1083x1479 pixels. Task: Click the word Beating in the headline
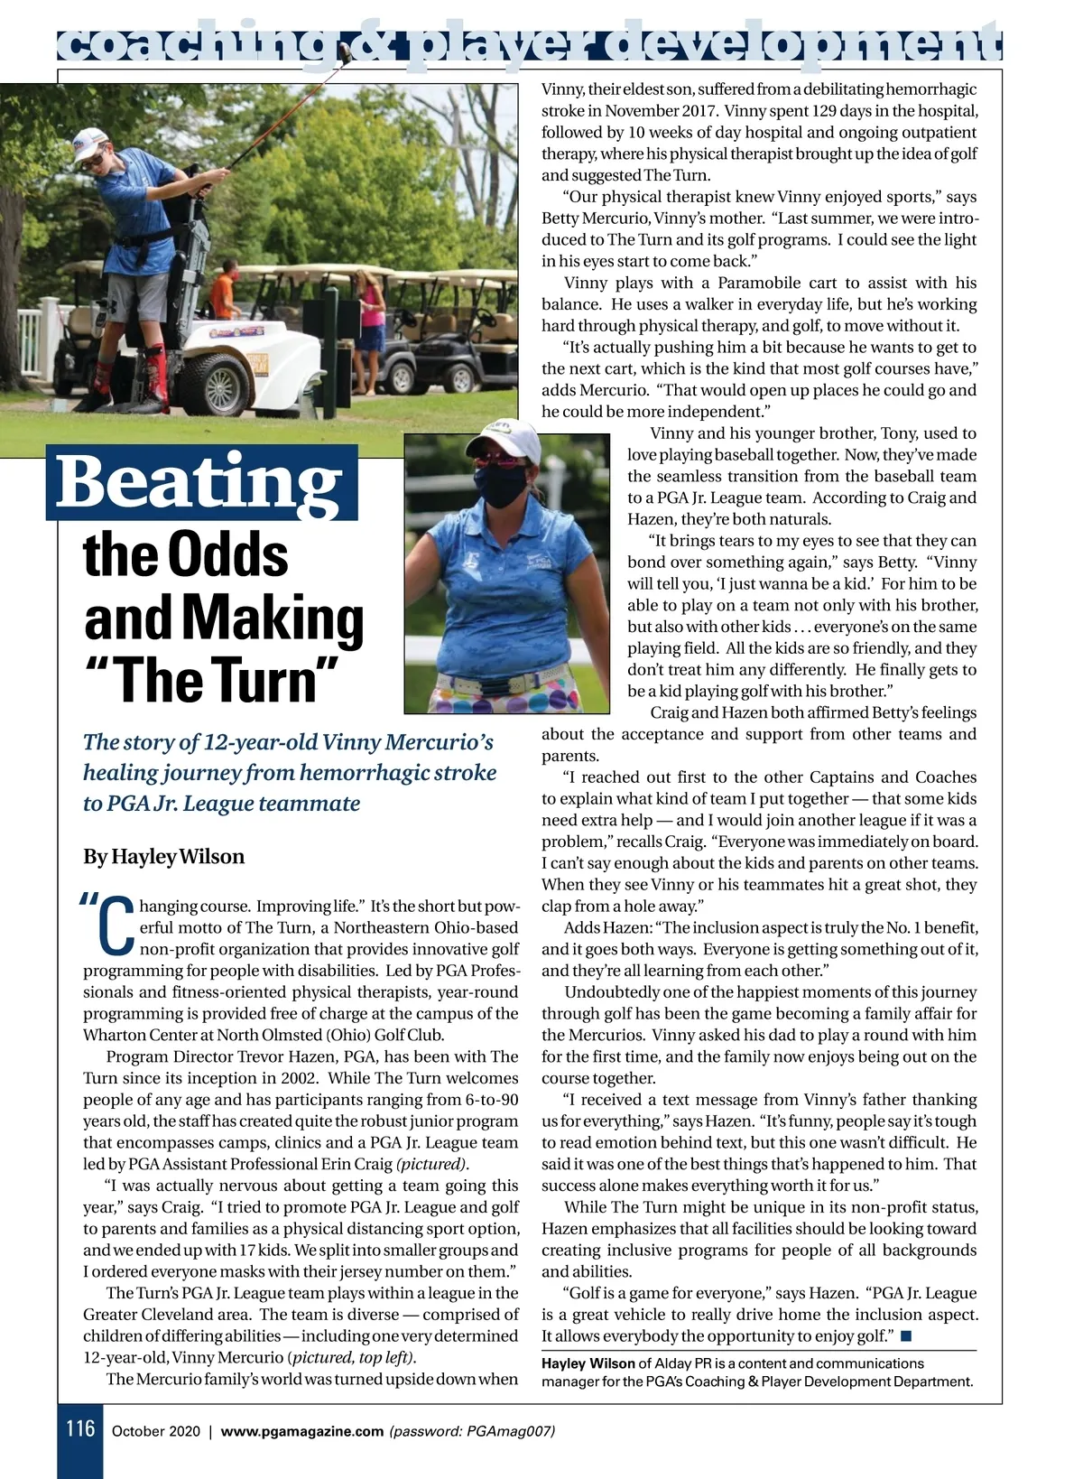(x=200, y=482)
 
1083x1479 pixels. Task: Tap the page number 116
(x=80, y=1428)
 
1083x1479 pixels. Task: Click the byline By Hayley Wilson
(x=163, y=856)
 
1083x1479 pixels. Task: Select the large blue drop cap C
(x=115, y=926)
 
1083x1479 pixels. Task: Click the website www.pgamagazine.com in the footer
(x=301, y=1431)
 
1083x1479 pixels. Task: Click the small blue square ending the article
(x=906, y=1335)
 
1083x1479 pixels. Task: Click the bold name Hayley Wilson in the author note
(x=588, y=1363)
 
